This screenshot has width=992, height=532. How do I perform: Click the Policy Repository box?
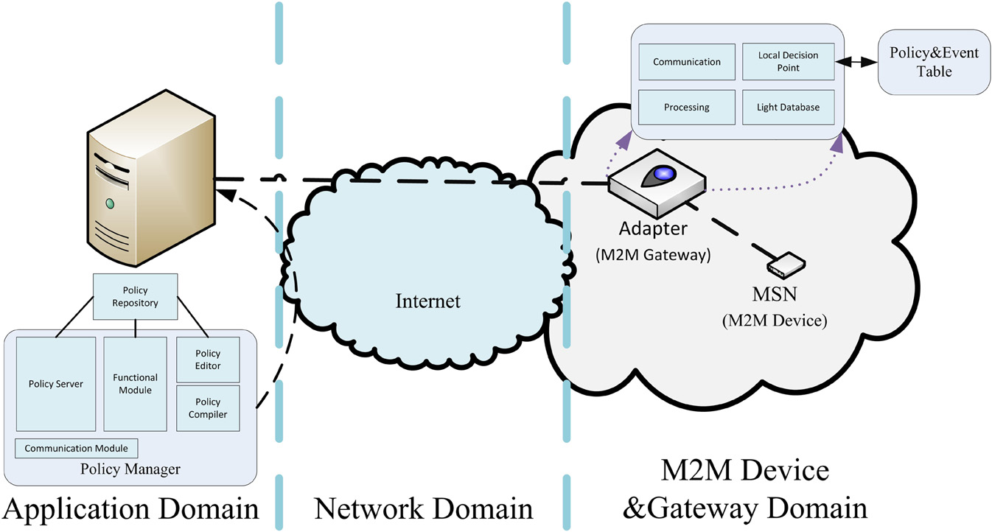136,297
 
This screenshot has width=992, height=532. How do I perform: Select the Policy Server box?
56,384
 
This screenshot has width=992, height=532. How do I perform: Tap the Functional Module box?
136,384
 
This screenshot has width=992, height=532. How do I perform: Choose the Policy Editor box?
209,360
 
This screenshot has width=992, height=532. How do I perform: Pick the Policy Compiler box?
209,408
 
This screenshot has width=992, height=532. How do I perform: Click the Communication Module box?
77,448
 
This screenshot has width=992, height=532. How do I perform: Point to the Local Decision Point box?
789,62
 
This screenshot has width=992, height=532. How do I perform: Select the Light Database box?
789,107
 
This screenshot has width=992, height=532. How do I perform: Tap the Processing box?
687,107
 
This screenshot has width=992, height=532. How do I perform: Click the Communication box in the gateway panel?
687,62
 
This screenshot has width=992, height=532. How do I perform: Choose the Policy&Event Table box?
923,62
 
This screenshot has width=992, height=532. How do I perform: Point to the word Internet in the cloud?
427,301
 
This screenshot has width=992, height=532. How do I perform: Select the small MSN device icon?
786,264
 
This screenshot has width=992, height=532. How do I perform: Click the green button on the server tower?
110,203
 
